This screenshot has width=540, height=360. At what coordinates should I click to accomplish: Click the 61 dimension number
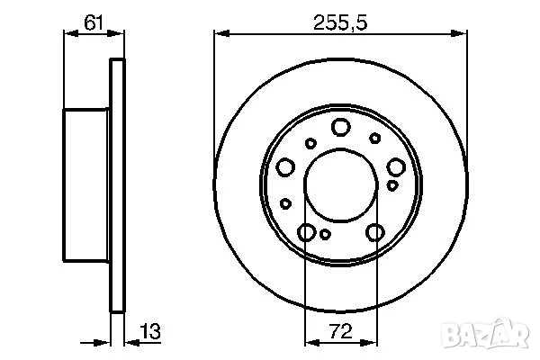[x=94, y=22]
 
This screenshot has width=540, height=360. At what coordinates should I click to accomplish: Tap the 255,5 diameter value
[x=340, y=22]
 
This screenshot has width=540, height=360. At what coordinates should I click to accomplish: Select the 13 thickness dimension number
[x=150, y=331]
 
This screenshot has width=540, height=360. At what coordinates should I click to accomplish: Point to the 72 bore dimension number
[x=340, y=331]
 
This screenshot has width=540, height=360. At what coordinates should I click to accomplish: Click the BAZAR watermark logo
[x=485, y=334]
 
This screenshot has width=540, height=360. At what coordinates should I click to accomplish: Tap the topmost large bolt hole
[x=341, y=127]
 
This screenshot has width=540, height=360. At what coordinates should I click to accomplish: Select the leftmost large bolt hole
[x=285, y=167]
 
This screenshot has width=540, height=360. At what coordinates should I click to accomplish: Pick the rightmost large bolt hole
[x=396, y=167]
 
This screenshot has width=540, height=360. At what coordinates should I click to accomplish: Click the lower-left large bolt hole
[x=307, y=232]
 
